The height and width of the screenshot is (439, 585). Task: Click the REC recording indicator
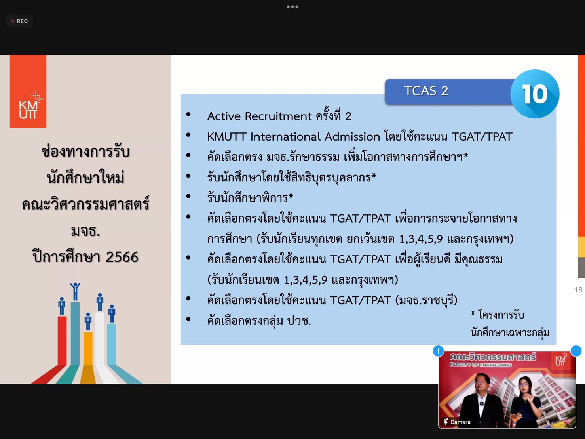19,21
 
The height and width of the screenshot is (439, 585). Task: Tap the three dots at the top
292,7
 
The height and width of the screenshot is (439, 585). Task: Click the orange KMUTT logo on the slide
28,91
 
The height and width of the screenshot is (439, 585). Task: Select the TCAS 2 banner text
426,91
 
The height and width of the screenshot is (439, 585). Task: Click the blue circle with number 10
535,94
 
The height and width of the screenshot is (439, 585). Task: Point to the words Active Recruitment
259,116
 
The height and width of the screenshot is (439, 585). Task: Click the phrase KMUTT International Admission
293,137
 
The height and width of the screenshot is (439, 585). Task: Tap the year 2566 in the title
122,257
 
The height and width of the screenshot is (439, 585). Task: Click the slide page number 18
578,290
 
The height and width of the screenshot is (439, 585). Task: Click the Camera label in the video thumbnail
460,422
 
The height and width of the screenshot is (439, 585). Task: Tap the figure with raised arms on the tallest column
75,292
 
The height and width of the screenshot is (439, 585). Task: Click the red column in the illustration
62,340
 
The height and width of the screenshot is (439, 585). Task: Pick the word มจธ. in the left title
85,231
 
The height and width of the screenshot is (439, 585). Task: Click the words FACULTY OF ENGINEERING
480,365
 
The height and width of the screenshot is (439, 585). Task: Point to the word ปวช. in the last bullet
299,321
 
